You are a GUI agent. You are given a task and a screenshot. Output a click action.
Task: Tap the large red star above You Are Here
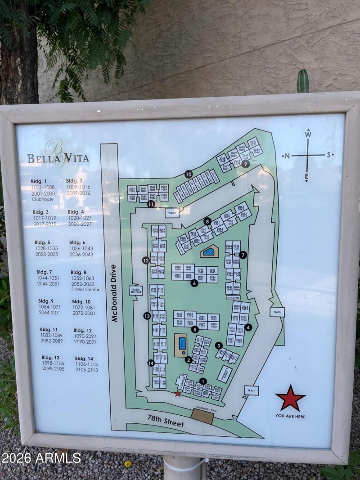[x=290, y=398]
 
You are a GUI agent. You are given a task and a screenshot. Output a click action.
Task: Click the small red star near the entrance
[x=178, y=394]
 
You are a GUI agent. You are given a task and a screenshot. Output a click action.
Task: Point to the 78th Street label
[x=166, y=422]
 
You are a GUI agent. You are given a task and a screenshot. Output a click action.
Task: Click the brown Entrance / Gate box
[x=202, y=415]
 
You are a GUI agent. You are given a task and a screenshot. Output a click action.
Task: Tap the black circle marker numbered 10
[x=188, y=174]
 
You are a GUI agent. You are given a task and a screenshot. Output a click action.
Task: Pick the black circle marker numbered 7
[x=243, y=255]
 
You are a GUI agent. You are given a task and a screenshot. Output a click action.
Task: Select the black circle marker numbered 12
[x=145, y=260]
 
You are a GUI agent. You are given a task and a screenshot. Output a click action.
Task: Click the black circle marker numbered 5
[x=195, y=329]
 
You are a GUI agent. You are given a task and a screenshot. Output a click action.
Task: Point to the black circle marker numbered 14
[x=151, y=363]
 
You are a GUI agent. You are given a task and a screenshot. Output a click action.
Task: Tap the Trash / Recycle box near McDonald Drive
[x=135, y=291]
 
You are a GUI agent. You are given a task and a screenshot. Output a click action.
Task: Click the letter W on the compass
[x=308, y=134]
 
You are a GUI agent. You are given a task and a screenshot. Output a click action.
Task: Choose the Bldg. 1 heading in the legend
[x=39, y=181]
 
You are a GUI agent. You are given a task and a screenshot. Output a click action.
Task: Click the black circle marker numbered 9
[x=245, y=164]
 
